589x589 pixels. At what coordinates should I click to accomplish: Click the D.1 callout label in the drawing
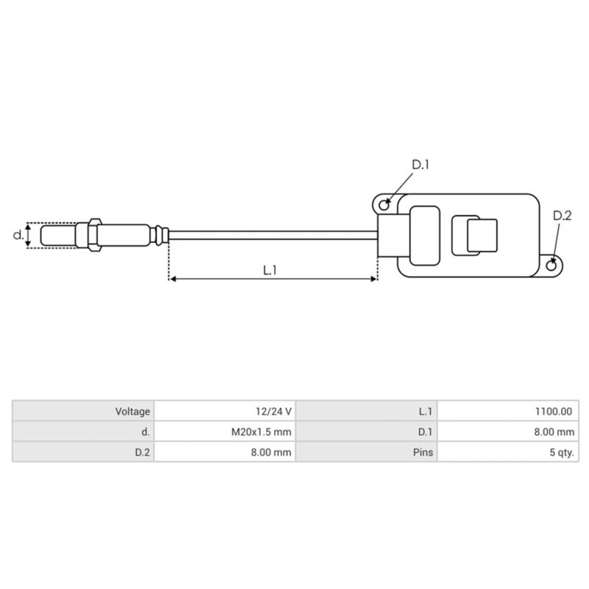420,166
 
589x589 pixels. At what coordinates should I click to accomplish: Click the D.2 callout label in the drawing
562,216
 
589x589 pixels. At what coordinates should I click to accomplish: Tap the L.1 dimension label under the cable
269,270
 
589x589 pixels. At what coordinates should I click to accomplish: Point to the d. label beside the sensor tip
18,236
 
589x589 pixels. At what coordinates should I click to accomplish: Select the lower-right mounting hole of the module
553,261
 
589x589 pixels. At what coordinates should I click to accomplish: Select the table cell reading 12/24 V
225,412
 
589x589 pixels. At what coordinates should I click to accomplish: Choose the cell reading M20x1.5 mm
225,431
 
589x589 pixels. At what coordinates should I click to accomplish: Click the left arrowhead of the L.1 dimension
173,280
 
